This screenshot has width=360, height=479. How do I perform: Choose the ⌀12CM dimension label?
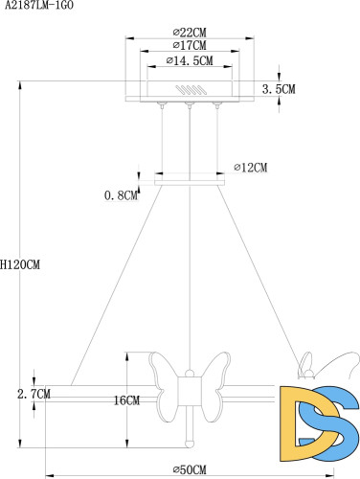tap(251, 168)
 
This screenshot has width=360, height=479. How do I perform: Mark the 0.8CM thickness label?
tap(121, 196)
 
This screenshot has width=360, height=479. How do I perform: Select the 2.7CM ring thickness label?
tap(34, 393)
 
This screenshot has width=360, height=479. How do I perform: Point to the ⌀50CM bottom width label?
tap(192, 468)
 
